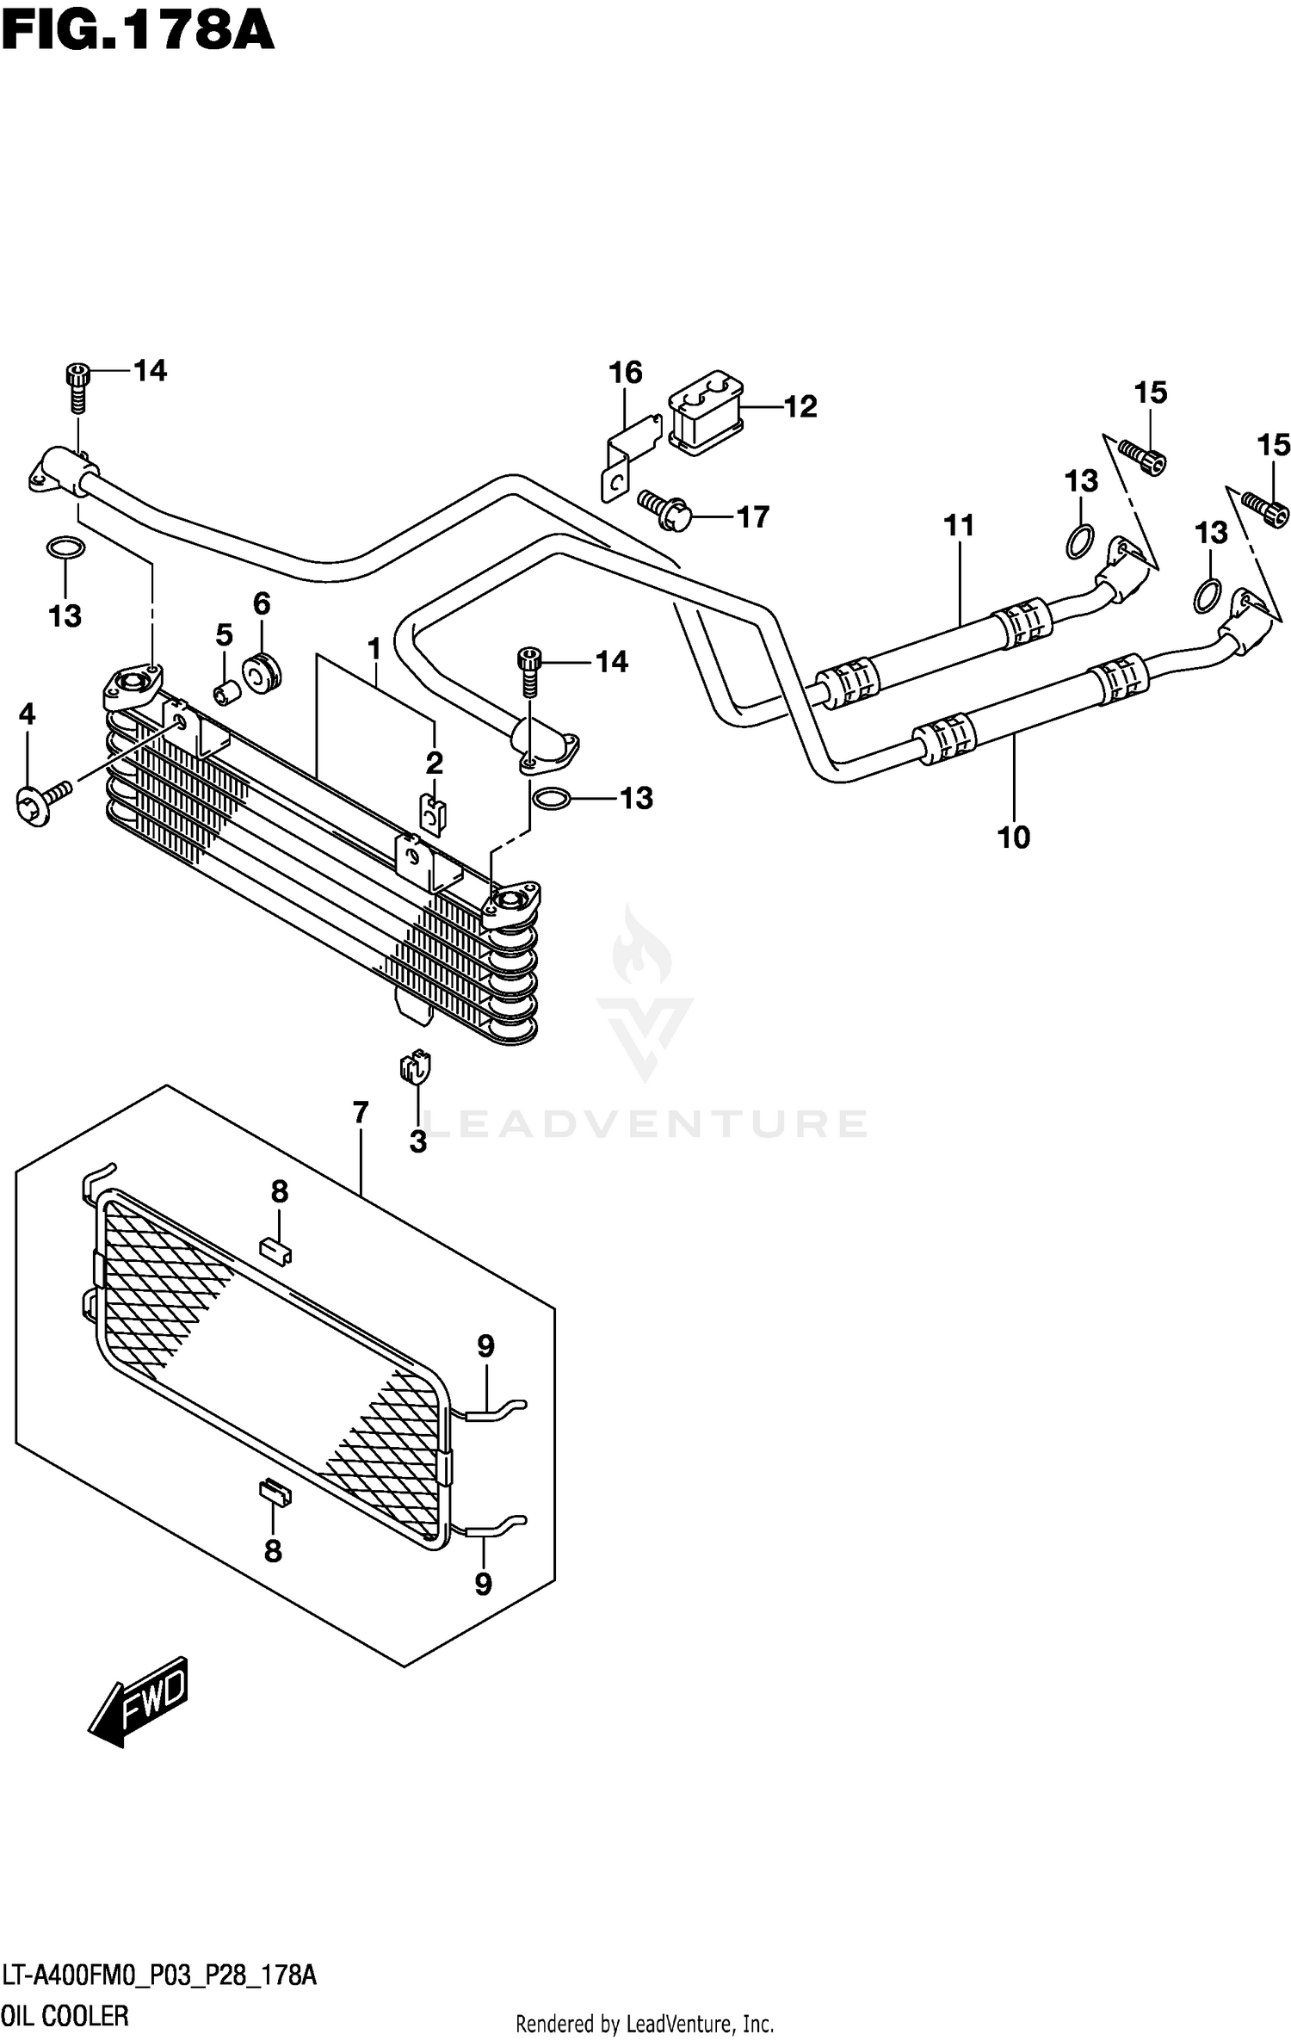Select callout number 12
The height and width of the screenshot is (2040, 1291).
(800, 407)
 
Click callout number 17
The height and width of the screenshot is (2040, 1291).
(752, 517)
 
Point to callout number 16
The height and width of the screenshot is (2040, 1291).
(626, 373)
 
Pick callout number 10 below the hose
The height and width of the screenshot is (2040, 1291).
(1013, 837)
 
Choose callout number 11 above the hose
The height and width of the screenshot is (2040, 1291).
(959, 525)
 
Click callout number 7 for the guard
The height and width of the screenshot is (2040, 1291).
(361, 1113)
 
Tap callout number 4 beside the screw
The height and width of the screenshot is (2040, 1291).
(28, 714)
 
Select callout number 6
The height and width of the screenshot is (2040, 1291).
(262, 603)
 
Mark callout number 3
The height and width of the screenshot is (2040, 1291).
(418, 1142)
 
